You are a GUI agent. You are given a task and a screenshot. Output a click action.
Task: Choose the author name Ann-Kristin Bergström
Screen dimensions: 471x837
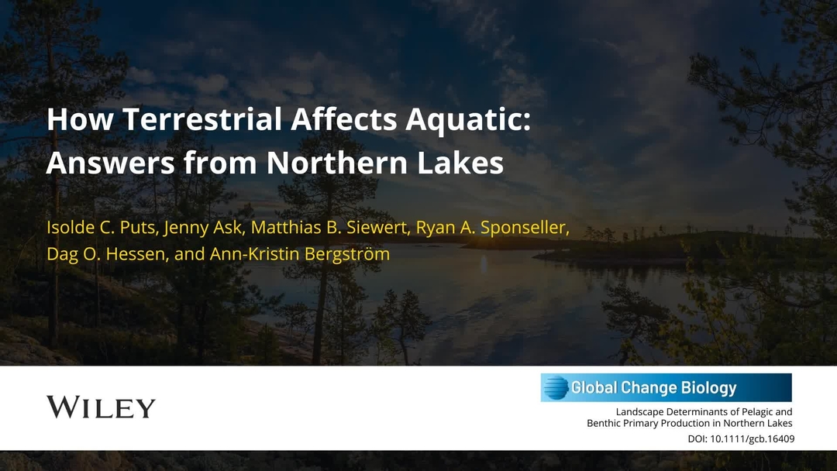tap(300, 254)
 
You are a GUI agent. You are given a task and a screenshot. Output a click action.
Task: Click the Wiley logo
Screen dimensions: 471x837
tap(101, 407)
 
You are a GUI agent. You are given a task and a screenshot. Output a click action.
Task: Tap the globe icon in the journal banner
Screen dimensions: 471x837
tap(555, 387)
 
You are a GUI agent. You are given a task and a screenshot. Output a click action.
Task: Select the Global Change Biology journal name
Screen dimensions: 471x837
tap(653, 387)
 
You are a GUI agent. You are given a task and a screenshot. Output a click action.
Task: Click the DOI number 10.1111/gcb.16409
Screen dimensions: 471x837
tap(752, 439)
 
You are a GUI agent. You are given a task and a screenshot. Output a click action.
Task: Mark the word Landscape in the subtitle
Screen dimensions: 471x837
tap(641, 412)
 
